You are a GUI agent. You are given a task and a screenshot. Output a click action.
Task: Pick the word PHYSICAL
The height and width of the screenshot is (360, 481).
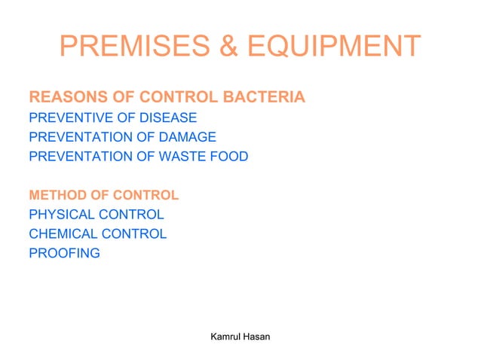click(x=60, y=215)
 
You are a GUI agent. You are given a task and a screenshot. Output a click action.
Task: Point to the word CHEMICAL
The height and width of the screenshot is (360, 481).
click(x=62, y=233)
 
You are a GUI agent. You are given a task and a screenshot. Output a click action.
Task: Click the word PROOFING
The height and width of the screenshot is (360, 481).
click(x=64, y=253)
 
